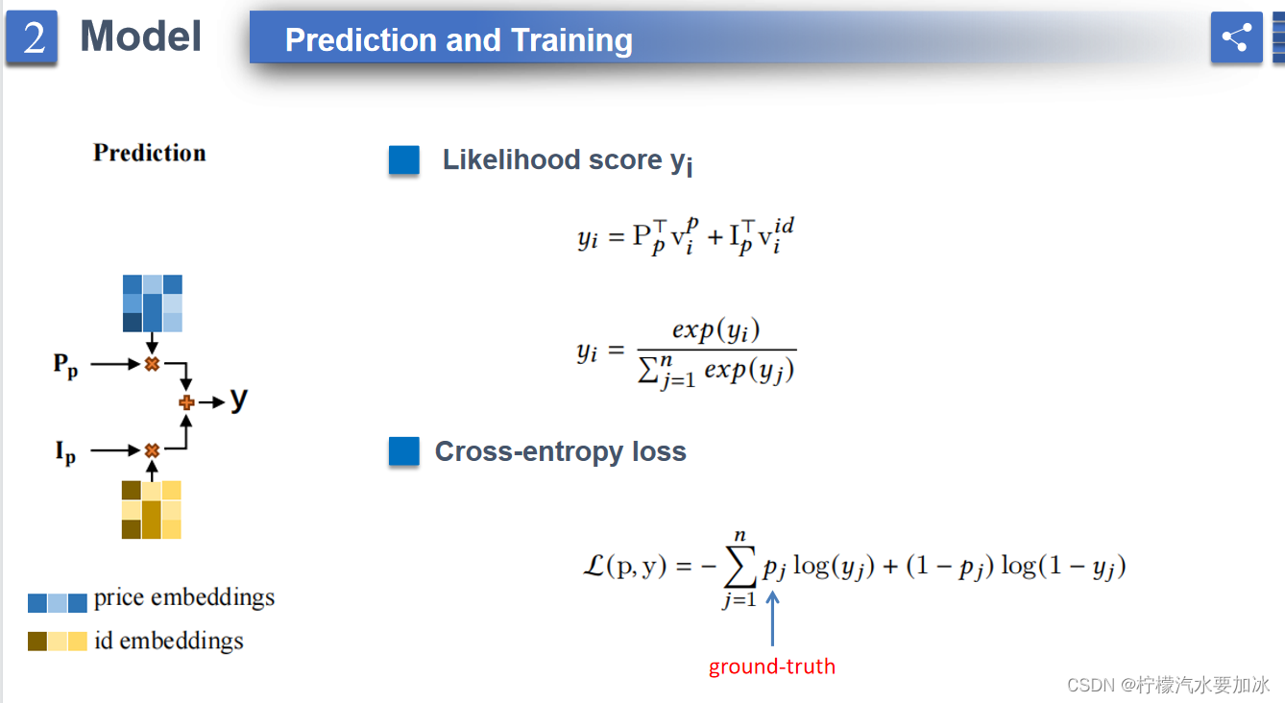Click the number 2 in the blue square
tap(34, 37)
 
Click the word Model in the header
tap(140, 36)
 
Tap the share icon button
tap(1236, 37)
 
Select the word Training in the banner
tap(571, 40)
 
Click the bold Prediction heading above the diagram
tap(150, 153)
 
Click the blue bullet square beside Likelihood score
tap(404, 159)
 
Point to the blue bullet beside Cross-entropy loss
tap(404, 451)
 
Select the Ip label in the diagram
tap(65, 452)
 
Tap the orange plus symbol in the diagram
tap(186, 402)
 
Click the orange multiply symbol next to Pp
tap(152, 364)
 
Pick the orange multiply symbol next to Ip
tap(152, 450)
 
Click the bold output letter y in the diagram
tap(238, 400)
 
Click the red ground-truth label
tap(772, 667)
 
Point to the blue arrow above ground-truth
tap(773, 618)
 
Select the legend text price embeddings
tap(184, 597)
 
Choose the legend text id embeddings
tap(169, 641)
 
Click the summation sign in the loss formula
tap(740, 566)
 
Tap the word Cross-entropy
tap(529, 451)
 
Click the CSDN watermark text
tap(1168, 685)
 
